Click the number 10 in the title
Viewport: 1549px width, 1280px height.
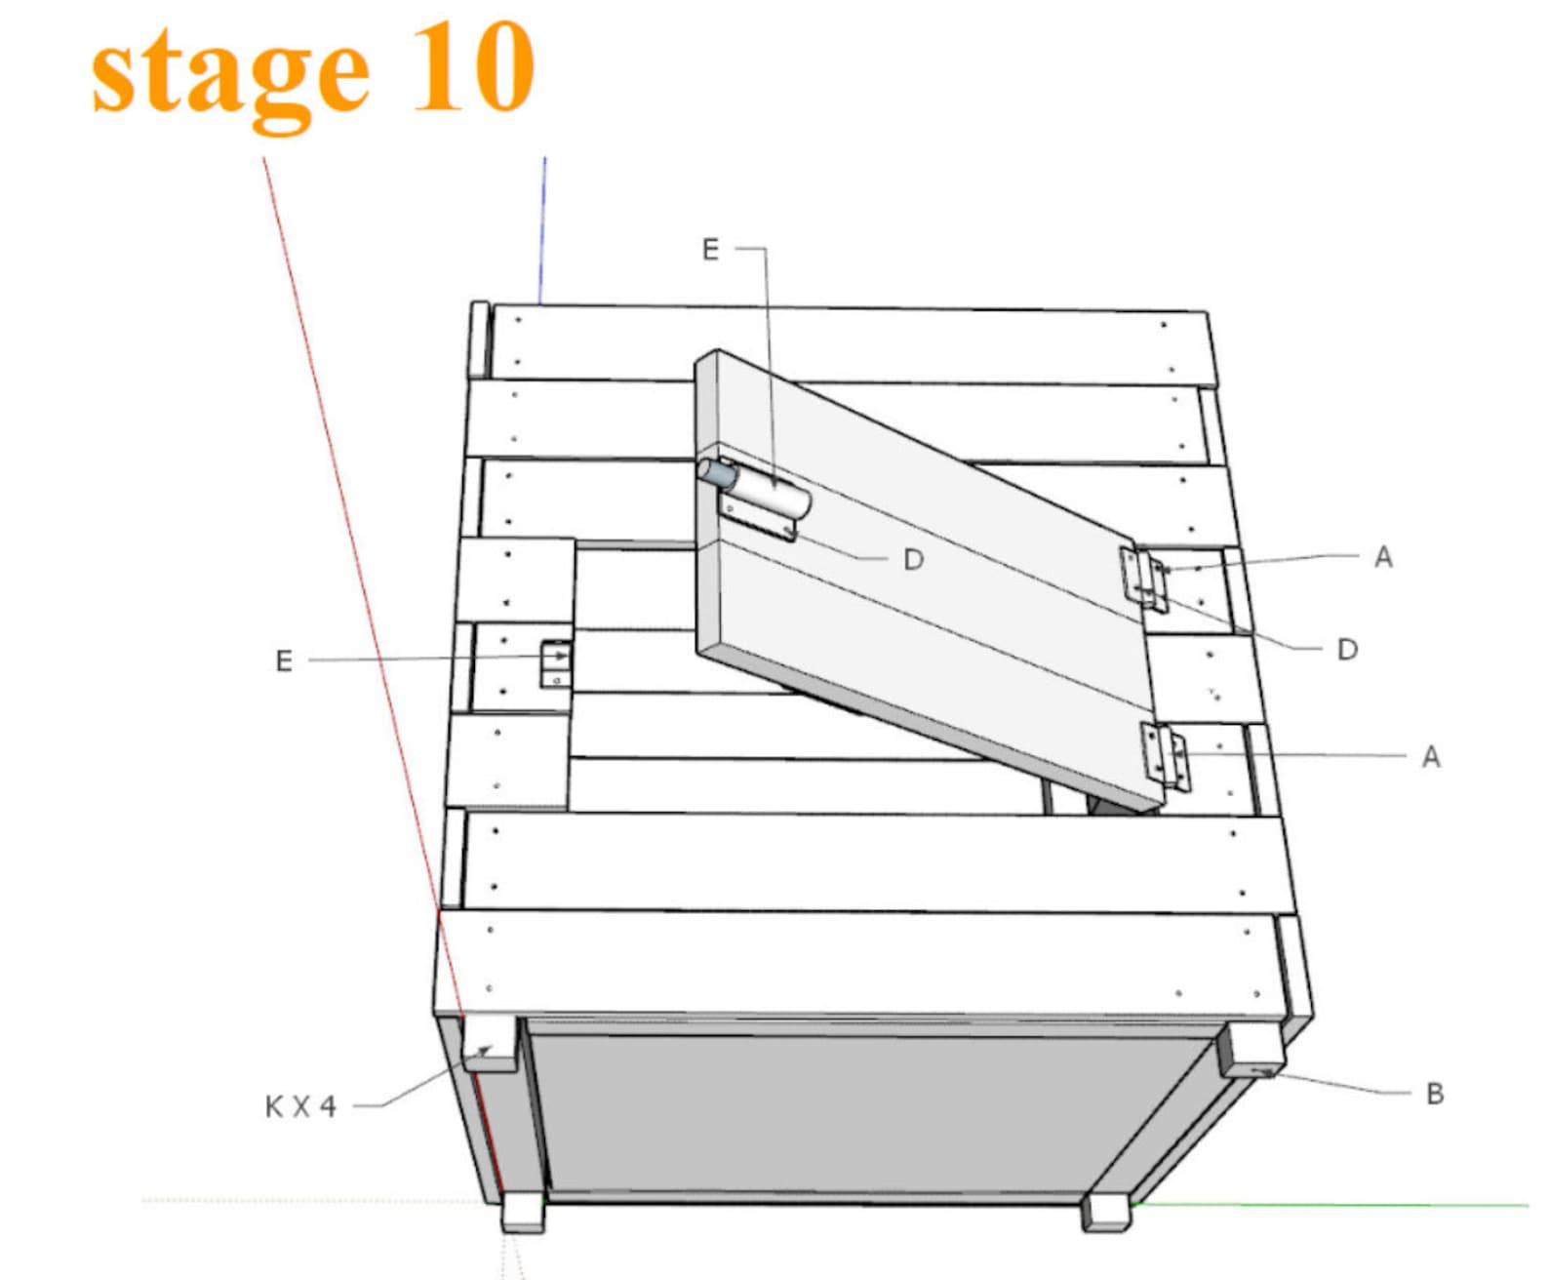pos(472,68)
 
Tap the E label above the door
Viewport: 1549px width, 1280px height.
pos(710,250)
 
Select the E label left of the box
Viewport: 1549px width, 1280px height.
pos(284,661)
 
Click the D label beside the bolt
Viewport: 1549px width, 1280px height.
pos(913,560)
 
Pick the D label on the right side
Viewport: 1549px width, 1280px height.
pos(1347,650)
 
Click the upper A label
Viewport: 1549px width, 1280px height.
pos(1383,557)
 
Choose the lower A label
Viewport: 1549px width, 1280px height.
pos(1431,757)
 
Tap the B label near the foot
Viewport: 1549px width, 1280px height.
pos(1434,1094)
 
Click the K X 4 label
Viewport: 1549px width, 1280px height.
pos(300,1106)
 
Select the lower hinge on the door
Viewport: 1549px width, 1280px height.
pos(1166,756)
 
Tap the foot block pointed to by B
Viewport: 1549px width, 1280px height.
pos(1253,1051)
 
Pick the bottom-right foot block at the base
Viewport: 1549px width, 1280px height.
pos(1106,1213)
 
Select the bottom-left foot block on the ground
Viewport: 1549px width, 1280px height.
pos(523,1213)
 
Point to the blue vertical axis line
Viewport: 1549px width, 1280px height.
pos(543,229)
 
